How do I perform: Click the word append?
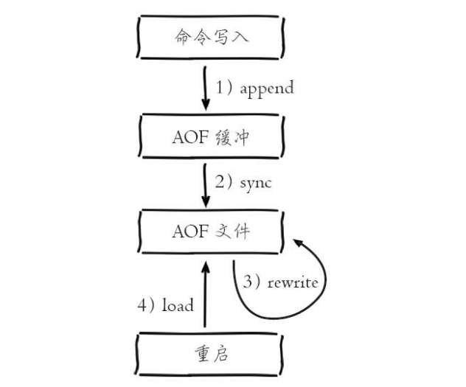pyautogui.click(x=266, y=88)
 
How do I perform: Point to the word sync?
pyautogui.click(x=255, y=182)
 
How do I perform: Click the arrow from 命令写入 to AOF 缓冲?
pyautogui.click(x=205, y=86)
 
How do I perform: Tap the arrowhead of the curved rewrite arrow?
pyautogui.click(x=297, y=241)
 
